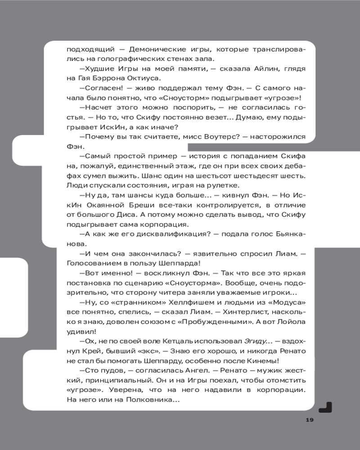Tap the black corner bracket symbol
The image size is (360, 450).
click(x=325, y=407)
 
